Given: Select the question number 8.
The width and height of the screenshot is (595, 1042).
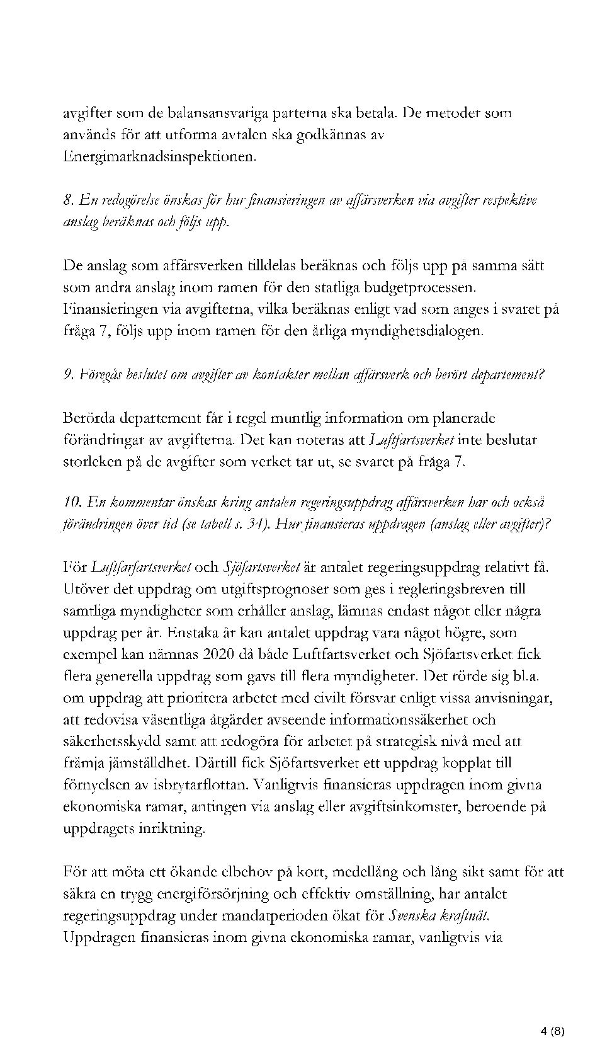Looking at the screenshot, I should tap(69, 200).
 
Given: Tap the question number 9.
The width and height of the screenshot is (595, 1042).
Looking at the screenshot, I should tap(69, 375).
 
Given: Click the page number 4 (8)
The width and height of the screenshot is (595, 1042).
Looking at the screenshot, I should tap(552, 992).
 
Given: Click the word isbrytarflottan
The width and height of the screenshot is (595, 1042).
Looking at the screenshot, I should tap(205, 785).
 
